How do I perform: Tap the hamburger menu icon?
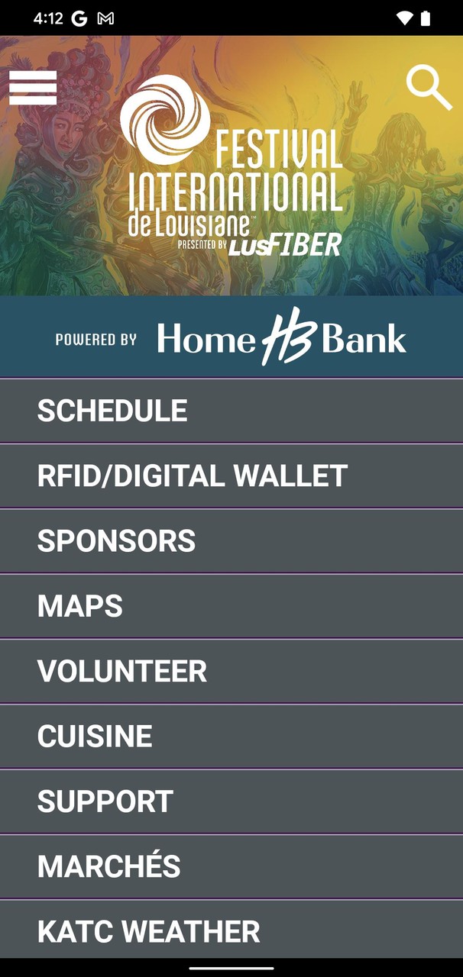pos(33,88)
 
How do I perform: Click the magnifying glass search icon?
pos(429,87)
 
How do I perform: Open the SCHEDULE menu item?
pos(112,411)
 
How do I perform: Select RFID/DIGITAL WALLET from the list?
pos(193,476)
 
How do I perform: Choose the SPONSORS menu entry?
pos(116,540)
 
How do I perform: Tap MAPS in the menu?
pos(80,605)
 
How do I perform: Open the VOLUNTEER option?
pos(122,671)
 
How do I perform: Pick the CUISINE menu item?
pos(95,736)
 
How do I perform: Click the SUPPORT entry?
pos(105,801)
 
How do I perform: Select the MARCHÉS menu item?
pos(108,865)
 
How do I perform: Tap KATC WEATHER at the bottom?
pos(148,931)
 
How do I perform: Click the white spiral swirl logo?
pos(165,119)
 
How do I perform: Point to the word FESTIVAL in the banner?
pos(279,149)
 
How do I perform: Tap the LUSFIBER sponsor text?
pos(285,244)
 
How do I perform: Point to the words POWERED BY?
pos(96,340)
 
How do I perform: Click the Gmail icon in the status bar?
pos(105,18)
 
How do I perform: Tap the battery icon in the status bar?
pos(426,18)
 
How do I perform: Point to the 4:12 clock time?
pos(48,18)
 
